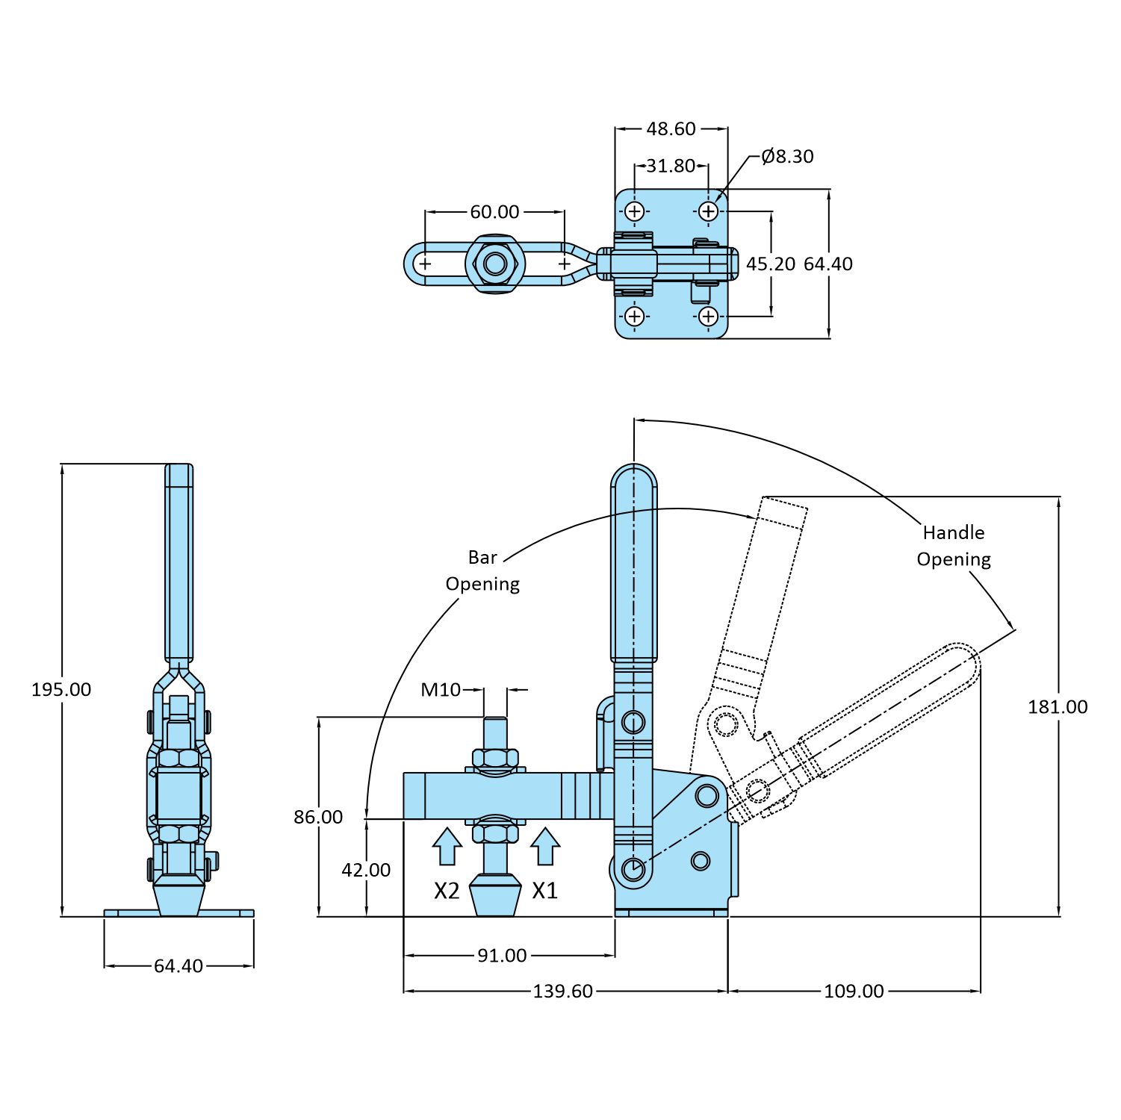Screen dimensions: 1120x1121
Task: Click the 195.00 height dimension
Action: tap(61, 689)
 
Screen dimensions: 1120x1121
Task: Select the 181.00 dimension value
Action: tap(1057, 706)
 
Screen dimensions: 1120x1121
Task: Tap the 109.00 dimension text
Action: tap(854, 991)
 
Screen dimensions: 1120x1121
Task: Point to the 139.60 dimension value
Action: tap(562, 991)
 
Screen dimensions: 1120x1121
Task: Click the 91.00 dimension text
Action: tap(502, 955)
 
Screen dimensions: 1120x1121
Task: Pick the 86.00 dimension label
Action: tap(318, 817)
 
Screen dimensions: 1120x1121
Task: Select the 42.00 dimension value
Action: tap(366, 870)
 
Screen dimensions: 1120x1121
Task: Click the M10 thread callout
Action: tap(441, 689)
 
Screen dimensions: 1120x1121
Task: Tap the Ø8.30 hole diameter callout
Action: tap(787, 156)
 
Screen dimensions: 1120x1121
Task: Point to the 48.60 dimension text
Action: tap(671, 128)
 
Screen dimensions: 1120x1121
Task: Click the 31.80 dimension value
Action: tap(671, 165)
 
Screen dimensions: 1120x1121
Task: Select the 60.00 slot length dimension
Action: tap(494, 212)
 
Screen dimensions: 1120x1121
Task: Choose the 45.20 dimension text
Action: tap(771, 264)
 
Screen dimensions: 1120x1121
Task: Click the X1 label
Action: tap(544, 890)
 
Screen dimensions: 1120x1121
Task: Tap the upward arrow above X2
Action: tap(447, 846)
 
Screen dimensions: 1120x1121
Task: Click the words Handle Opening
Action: tap(954, 546)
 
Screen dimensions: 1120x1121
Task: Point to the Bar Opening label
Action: tap(482, 570)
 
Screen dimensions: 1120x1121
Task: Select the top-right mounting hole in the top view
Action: tap(707, 211)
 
